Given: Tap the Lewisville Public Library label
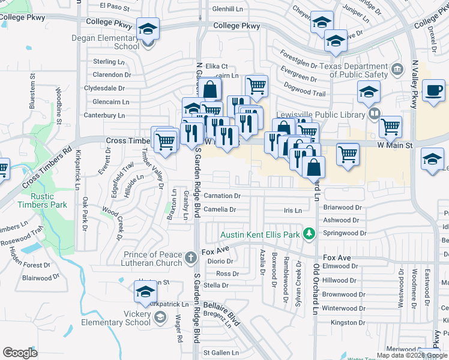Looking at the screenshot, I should (320, 115).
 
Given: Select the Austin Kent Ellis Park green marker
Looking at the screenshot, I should (309, 234).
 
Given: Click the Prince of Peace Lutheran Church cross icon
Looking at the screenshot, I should (191, 258).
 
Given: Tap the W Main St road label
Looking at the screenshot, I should (395, 145).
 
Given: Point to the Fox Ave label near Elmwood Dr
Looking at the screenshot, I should (336, 257).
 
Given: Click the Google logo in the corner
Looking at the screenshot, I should (20, 353).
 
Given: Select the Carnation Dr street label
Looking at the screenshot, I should (222, 196).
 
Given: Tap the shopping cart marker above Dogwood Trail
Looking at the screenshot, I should (256, 85).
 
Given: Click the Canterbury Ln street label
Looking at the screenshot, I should (104, 115).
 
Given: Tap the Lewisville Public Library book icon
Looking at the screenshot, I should (374, 113).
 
